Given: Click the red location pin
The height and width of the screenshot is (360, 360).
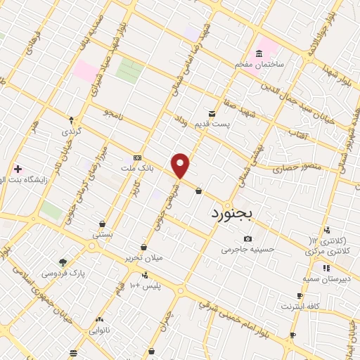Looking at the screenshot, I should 181,165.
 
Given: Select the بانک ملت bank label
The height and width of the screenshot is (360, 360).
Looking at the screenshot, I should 136,168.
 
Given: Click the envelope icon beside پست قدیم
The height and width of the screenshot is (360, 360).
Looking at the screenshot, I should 211,113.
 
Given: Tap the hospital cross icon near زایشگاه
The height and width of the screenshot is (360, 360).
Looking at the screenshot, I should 18,169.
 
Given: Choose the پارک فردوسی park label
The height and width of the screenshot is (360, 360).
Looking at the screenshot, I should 63,271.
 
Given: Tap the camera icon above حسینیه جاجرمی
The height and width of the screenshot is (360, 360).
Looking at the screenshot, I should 247,239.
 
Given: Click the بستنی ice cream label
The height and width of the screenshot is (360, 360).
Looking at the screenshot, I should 103,235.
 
